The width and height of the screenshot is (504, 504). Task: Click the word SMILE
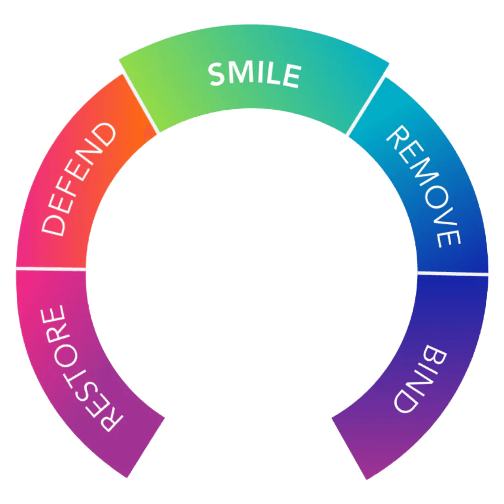point(254,75)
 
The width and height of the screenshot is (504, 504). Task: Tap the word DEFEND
point(78,180)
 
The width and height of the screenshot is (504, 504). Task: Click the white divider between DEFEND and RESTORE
point(51,269)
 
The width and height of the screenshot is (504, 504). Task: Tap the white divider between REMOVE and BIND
point(453,273)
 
